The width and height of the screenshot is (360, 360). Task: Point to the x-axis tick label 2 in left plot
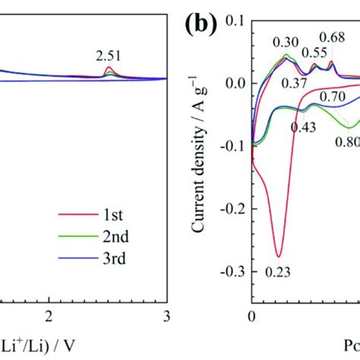[49, 315]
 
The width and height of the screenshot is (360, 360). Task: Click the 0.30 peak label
[287, 43]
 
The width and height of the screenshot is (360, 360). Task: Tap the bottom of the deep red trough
[279, 256]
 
